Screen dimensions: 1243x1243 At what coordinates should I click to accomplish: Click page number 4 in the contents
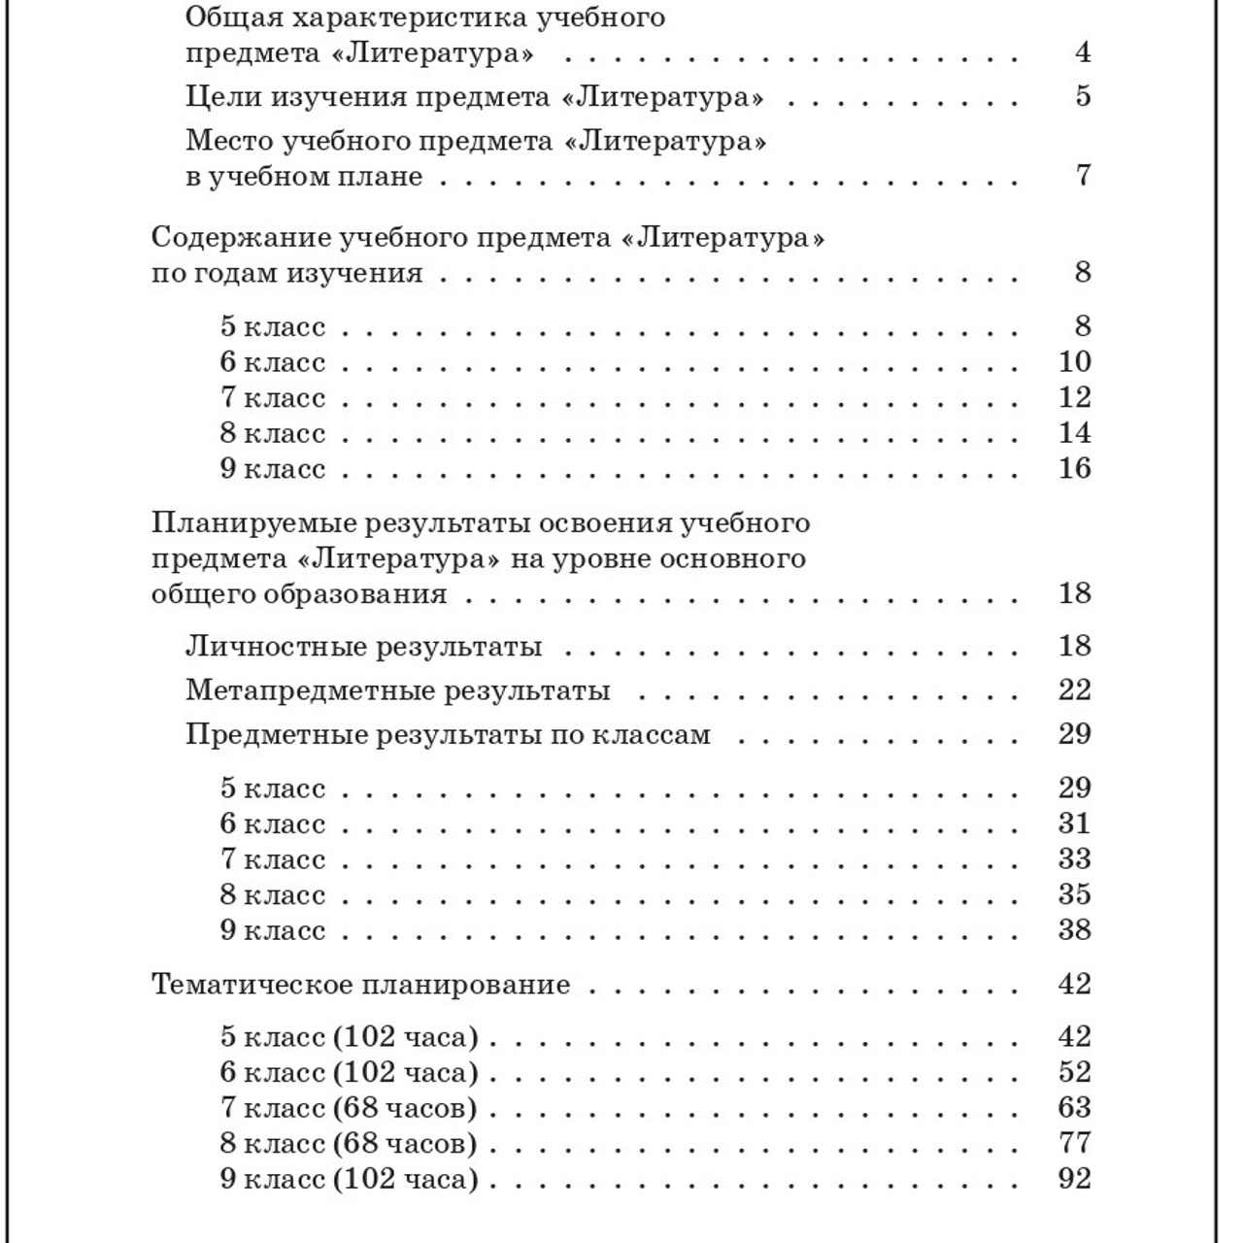[1082, 52]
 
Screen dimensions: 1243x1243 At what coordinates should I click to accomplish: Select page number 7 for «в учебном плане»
[1083, 176]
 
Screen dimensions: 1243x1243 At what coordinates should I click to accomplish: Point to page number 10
[1074, 362]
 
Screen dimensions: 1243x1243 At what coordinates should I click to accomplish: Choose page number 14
[1074, 433]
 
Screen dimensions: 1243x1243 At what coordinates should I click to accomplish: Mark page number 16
[1074, 469]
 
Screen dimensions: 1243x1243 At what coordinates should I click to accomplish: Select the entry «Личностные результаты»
[363, 647]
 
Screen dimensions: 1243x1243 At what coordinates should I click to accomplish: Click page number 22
[1074, 690]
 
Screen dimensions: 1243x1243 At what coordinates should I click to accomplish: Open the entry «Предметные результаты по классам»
[448, 734]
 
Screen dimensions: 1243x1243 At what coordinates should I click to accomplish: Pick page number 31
[1074, 823]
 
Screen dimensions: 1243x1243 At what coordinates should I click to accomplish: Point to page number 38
[1074, 930]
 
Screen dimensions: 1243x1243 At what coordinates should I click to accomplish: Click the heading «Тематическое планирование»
[360, 985]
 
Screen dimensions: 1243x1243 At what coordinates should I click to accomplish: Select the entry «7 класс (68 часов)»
[349, 1108]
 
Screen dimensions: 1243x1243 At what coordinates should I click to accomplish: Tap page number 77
[1074, 1143]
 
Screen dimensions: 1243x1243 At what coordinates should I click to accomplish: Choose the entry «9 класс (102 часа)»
[349, 1179]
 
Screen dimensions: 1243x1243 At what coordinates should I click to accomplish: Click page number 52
[1074, 1072]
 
